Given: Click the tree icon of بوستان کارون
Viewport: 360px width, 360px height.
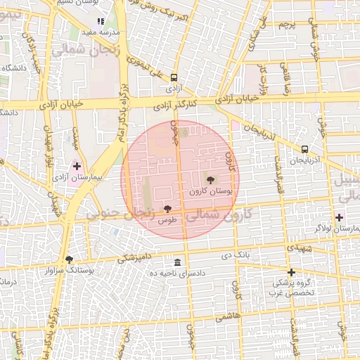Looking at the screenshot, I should tap(211, 179).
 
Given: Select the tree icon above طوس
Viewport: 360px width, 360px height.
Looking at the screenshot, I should tap(167, 209).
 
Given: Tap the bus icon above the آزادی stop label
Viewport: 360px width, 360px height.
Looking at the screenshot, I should tap(174, 79).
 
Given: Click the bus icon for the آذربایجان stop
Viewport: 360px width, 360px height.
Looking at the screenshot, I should tap(304, 149).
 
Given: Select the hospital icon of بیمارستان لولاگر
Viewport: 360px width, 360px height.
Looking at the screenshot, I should tap(340, 217).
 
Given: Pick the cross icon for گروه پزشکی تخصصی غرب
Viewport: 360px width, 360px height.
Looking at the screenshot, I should tap(291, 272).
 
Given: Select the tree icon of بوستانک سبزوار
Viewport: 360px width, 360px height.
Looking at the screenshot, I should tap(69, 259).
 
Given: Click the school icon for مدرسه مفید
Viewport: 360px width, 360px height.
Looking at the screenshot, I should tap(101, 22).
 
